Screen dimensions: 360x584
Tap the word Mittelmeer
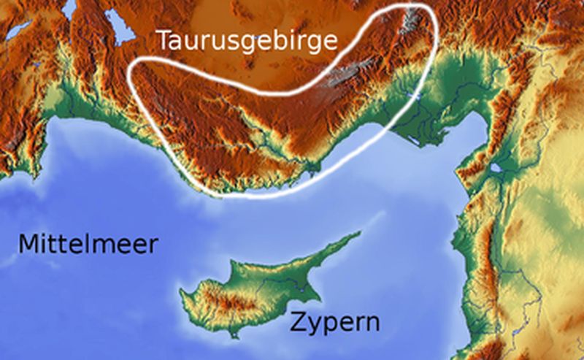tap(88, 244)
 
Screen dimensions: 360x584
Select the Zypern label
tap(334, 321)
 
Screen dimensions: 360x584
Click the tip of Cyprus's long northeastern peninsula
tap(359, 234)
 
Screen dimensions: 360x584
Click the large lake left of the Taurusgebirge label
tap(117, 25)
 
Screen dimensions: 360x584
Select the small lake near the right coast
tap(496, 168)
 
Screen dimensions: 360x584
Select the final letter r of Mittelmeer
tap(151, 245)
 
